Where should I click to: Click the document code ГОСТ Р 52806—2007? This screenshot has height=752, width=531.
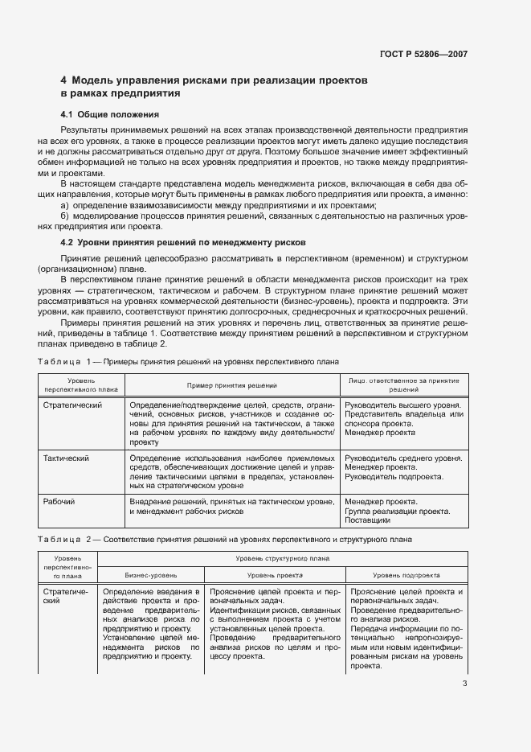click(423, 54)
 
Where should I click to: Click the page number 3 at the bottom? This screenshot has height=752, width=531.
click(464, 684)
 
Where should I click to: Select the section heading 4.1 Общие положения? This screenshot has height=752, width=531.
click(110, 114)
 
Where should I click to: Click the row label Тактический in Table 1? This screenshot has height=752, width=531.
click(66, 458)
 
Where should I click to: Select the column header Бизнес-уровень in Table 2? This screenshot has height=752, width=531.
click(150, 576)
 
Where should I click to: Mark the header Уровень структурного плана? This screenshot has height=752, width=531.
click(281, 557)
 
